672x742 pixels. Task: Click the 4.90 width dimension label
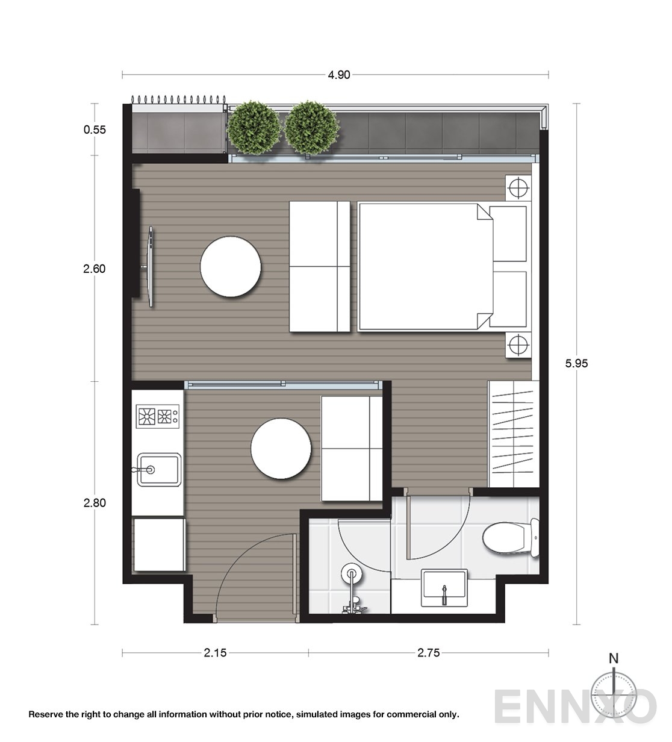pos(338,75)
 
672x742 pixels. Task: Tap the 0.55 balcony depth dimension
pos(95,129)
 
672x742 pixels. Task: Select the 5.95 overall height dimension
pos(576,363)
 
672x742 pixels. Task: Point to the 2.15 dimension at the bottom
pos(215,653)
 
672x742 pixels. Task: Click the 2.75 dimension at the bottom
pos(428,653)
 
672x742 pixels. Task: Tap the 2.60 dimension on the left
pos(95,269)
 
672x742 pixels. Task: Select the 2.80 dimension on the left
pos(95,502)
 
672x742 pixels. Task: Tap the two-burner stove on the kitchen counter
pos(158,416)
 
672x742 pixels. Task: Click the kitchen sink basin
pos(157,469)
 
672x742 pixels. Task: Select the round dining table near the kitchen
pos(282,450)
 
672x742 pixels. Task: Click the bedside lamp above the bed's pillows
pos(517,188)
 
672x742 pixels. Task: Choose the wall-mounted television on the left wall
pos(151,267)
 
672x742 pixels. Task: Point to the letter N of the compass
pos(613,658)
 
